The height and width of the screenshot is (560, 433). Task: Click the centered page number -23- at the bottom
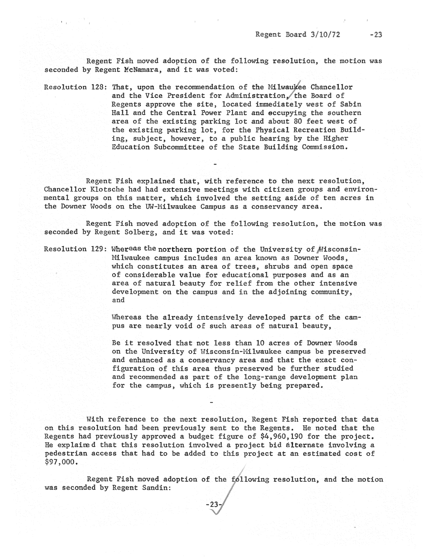point(213,505)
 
